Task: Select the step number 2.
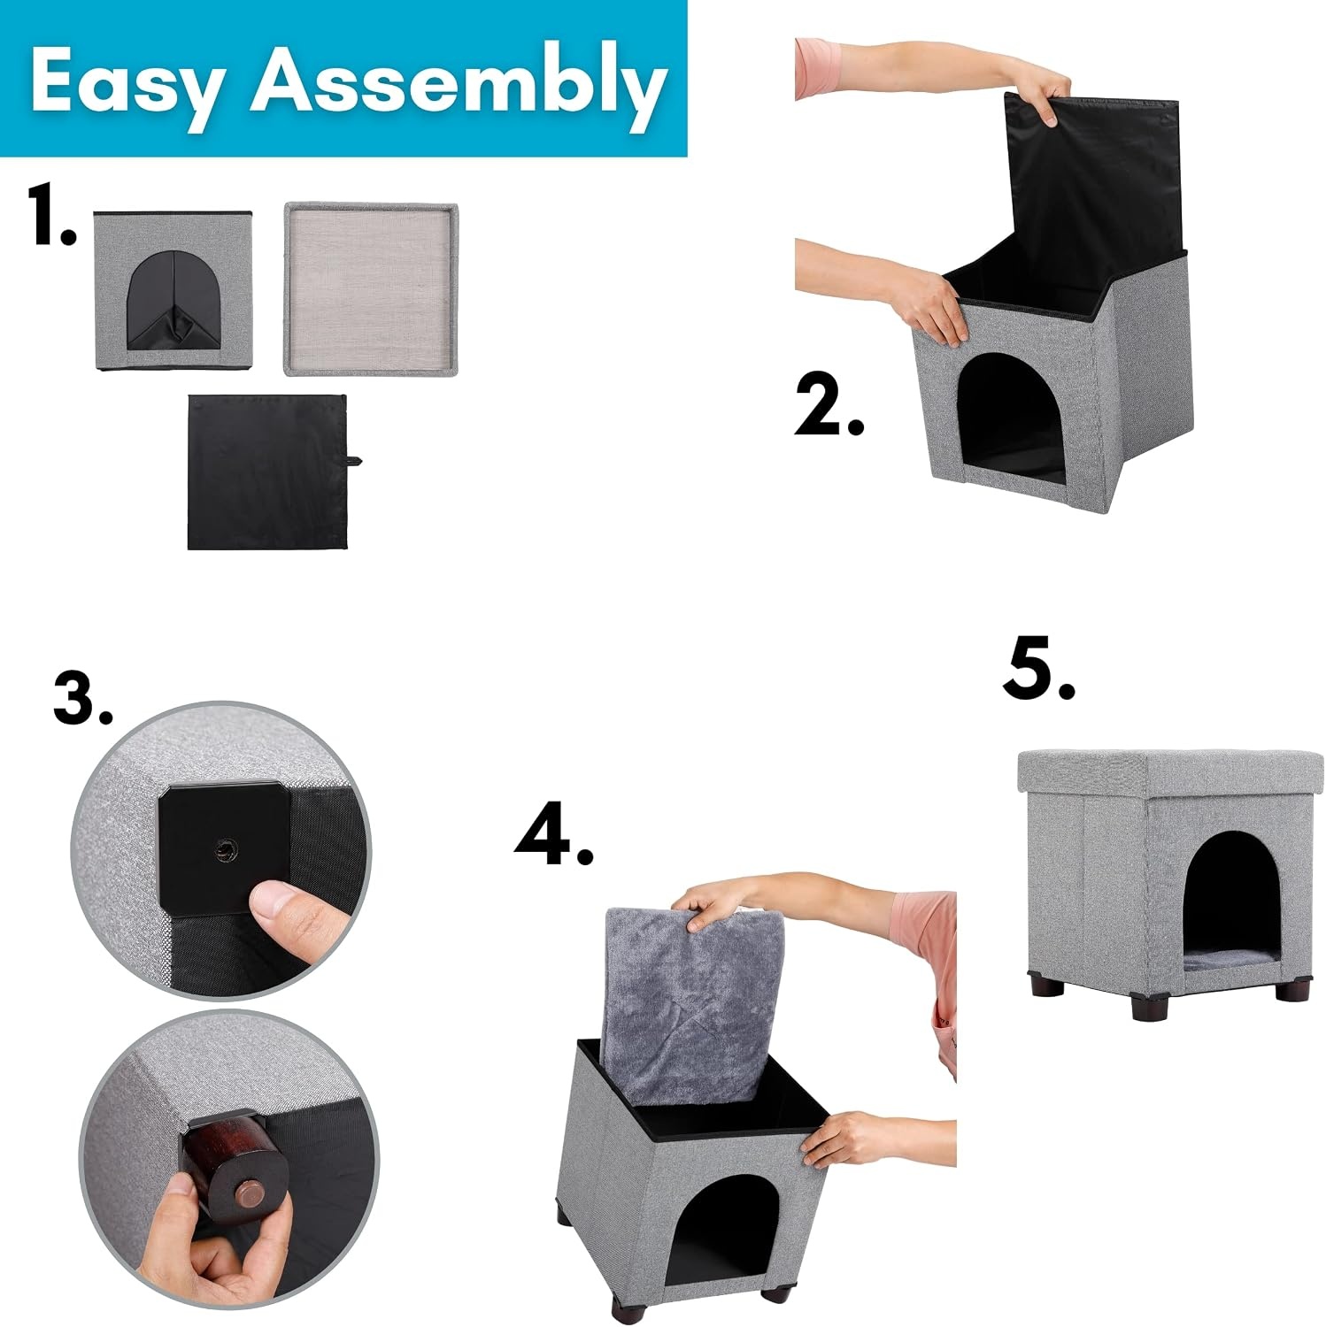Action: [x=829, y=404]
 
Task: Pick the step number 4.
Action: [x=554, y=836]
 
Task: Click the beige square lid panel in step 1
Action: [x=371, y=288]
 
